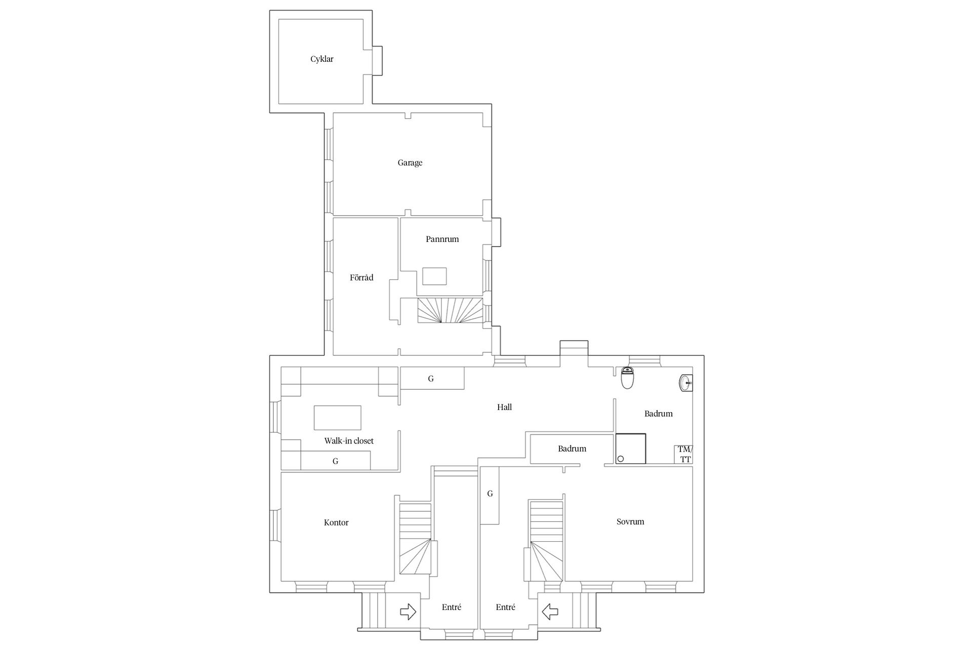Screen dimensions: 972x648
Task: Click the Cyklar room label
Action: (322, 59)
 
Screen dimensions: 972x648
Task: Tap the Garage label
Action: (410, 163)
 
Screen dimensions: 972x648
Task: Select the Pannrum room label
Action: (442, 239)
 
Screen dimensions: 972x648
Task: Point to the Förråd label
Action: (361, 277)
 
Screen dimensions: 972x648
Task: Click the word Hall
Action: (504, 407)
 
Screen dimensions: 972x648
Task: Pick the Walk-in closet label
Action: (349, 441)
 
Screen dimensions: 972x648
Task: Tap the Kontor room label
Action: (336, 522)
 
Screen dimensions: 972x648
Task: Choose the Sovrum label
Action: (630, 521)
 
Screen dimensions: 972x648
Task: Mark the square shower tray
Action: (631, 449)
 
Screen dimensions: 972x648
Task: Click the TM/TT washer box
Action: (684, 454)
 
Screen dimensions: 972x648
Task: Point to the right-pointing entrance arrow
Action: (408, 612)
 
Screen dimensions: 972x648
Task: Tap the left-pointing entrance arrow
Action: (550, 612)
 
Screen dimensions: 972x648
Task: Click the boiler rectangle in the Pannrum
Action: (434, 276)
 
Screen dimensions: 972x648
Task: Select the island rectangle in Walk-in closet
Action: (338, 418)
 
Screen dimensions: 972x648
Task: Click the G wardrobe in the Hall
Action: (432, 379)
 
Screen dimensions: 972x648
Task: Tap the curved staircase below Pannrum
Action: (450, 310)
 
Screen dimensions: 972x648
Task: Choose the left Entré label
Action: (452, 607)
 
